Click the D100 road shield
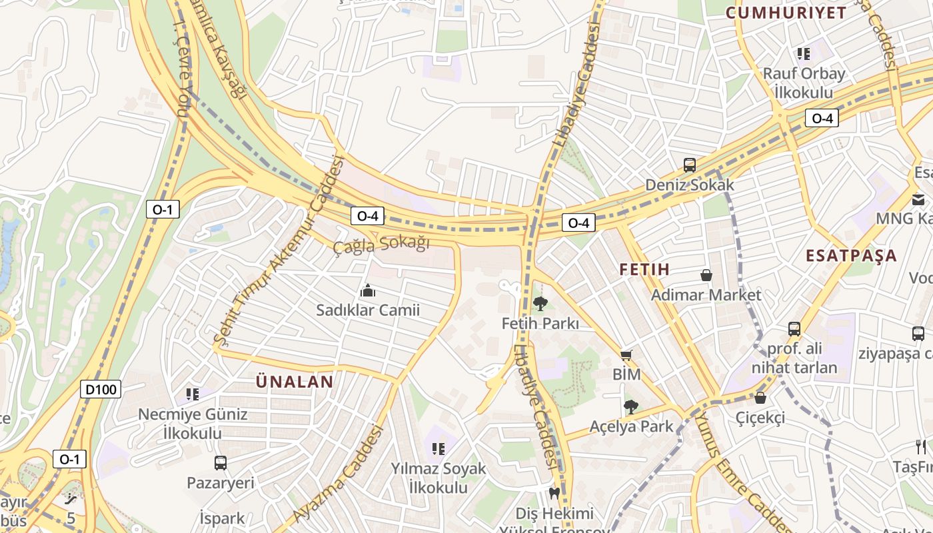[x=101, y=389]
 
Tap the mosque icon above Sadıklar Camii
[x=367, y=290]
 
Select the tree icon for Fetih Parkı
[x=540, y=304]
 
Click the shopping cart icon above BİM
[x=626, y=355]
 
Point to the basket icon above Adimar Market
[x=706, y=275]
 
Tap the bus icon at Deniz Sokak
[x=689, y=165]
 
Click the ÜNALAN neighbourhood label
[x=295, y=382]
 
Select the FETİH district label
[x=644, y=270]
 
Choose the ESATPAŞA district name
[x=851, y=256]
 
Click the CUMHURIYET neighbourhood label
[x=786, y=13]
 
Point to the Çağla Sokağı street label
[x=381, y=245]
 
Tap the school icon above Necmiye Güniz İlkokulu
[x=193, y=394]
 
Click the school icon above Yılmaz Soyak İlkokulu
[x=438, y=449]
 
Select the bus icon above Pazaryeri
[x=221, y=462]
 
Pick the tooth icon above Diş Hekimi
[x=552, y=494]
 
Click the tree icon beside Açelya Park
[x=630, y=406]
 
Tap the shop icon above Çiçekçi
[x=760, y=398]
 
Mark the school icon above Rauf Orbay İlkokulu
[x=803, y=53]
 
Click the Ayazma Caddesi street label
[x=339, y=475]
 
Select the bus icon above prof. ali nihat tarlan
[x=794, y=328]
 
